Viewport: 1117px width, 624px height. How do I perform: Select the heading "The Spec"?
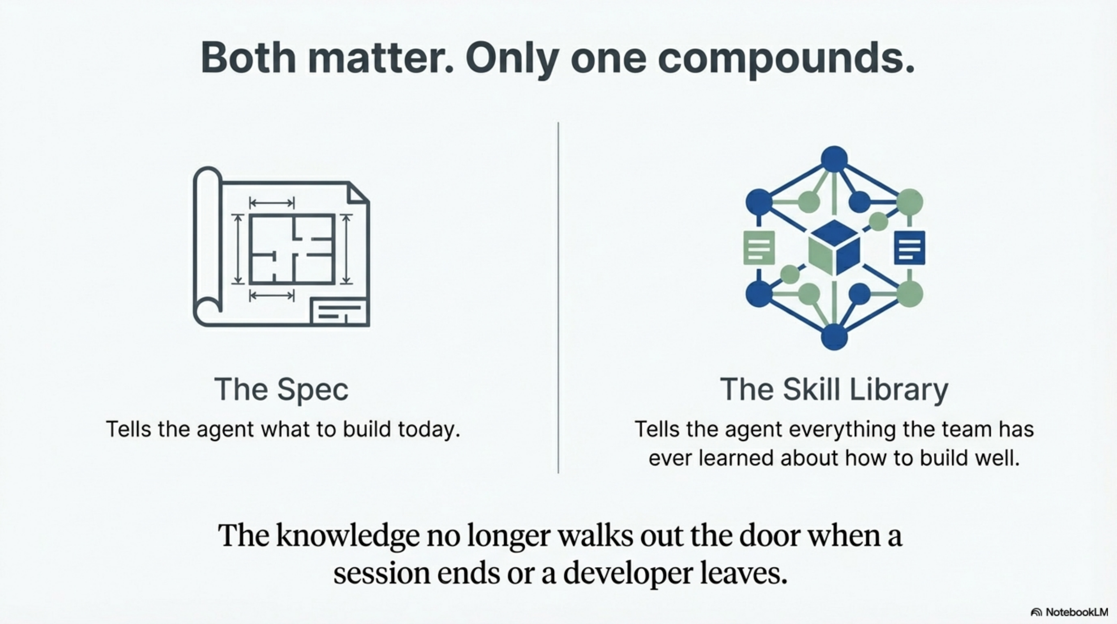coord(281,389)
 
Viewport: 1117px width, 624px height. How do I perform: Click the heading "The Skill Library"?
coord(834,389)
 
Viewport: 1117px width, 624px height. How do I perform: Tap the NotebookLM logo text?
coord(1076,612)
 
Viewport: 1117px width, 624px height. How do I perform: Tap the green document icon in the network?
coord(759,248)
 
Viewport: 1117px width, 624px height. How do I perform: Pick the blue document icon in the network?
coord(909,248)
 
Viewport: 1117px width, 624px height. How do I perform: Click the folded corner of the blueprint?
coord(358,193)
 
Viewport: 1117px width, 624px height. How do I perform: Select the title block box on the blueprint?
coord(339,312)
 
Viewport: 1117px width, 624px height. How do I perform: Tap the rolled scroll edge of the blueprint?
coord(207,243)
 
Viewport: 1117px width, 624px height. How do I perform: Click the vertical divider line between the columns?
coord(558,297)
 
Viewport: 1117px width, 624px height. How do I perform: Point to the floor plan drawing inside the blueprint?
coord(292,249)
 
